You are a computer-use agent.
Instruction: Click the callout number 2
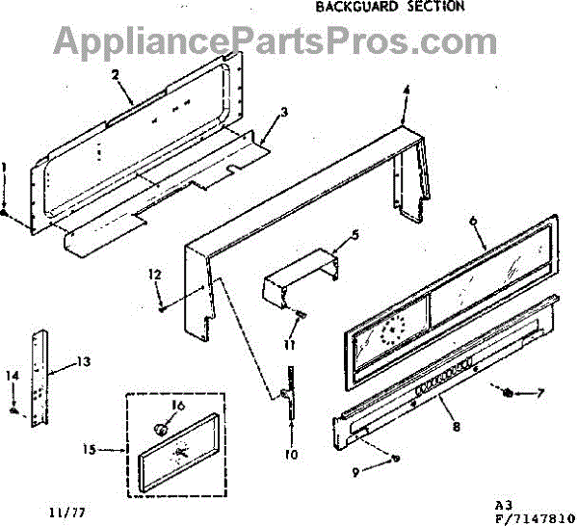(114, 74)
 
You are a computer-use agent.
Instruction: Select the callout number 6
(473, 221)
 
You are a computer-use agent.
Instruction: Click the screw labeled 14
(14, 410)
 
